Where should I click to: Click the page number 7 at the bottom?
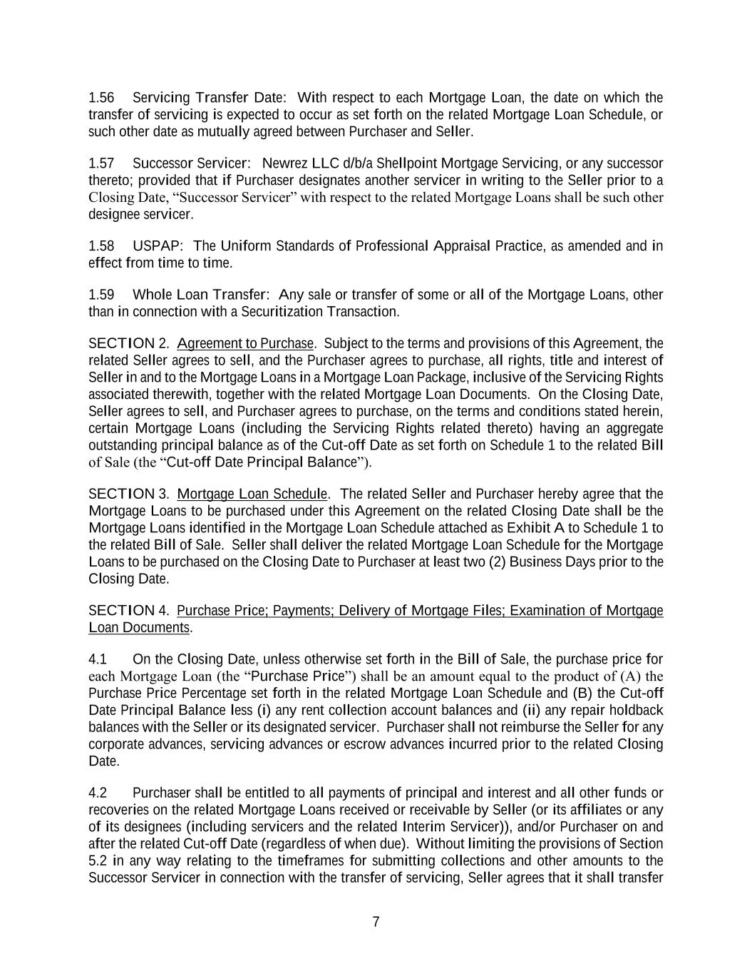pos(376,922)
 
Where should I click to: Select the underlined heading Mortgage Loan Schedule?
pos(252,494)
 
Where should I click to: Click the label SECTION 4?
pos(129,611)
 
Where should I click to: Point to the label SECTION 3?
pos(129,494)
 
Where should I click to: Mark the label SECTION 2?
pos(129,344)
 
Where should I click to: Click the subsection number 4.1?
pos(98,659)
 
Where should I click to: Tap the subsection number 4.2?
pos(98,793)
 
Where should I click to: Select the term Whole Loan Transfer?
pos(200,295)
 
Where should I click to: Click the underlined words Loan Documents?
pos(139,628)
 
